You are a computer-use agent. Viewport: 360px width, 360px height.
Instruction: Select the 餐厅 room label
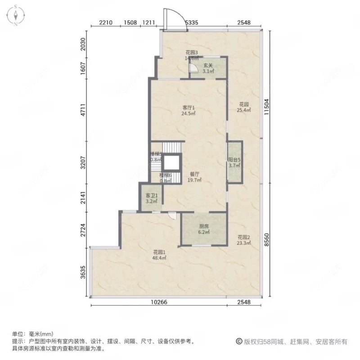coord(194,174)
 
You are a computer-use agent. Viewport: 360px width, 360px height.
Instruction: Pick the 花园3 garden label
coord(192,53)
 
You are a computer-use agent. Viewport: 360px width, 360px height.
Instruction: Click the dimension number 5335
coord(191,22)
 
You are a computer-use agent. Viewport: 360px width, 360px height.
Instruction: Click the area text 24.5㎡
coord(189,114)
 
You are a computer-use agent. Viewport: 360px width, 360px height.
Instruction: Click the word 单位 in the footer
coord(18,334)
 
